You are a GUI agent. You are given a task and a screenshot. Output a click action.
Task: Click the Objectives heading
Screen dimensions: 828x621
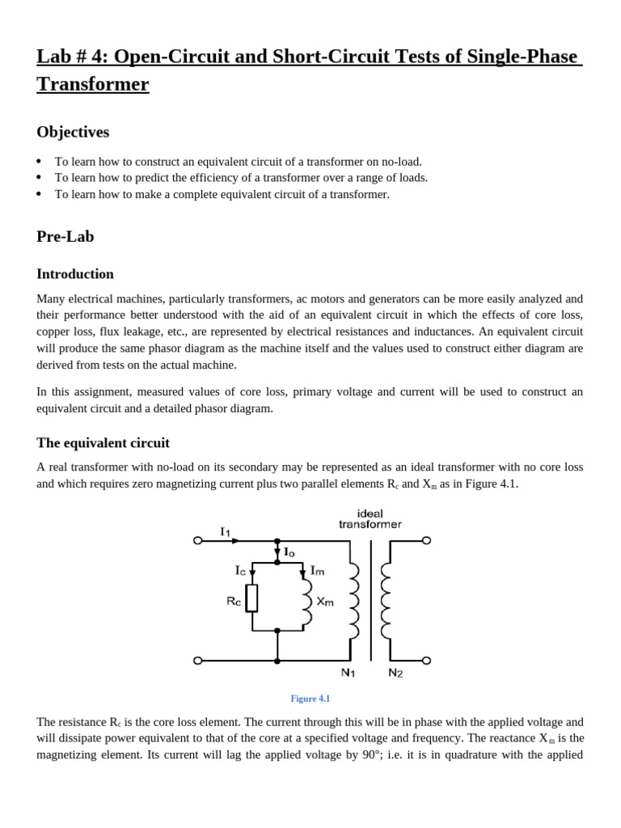pyautogui.click(x=73, y=132)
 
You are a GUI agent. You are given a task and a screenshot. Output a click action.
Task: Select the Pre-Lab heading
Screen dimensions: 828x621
pyautogui.click(x=65, y=236)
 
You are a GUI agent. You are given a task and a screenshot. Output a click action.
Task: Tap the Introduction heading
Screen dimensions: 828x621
pyautogui.click(x=75, y=274)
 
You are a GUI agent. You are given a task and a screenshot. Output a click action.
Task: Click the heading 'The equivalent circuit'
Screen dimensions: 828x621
pyautogui.click(x=103, y=443)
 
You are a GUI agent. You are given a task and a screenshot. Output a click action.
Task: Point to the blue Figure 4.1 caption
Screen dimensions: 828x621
pyautogui.click(x=310, y=699)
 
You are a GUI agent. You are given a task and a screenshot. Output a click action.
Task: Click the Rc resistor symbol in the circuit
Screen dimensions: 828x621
pyautogui.click(x=252, y=598)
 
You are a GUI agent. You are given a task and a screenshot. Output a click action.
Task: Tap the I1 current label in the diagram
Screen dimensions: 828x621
pyautogui.click(x=225, y=531)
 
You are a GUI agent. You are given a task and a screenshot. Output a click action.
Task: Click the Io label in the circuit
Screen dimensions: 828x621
pyautogui.click(x=289, y=551)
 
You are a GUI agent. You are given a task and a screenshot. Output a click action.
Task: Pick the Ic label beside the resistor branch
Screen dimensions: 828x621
pyautogui.click(x=240, y=571)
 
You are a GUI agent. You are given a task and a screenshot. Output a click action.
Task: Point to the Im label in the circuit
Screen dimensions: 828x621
pyautogui.click(x=318, y=571)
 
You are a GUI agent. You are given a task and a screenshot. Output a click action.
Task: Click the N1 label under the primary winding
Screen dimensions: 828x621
pyautogui.click(x=349, y=673)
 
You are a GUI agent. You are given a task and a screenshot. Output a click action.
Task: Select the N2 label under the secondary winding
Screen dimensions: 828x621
pyautogui.click(x=395, y=673)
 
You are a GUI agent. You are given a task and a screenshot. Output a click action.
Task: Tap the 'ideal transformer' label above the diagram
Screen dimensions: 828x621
pyautogui.click(x=370, y=518)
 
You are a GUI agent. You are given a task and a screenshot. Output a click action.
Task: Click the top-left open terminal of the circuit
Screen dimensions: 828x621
pyautogui.click(x=198, y=540)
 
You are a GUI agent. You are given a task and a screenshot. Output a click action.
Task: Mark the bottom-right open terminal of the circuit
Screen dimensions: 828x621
pyautogui.click(x=426, y=661)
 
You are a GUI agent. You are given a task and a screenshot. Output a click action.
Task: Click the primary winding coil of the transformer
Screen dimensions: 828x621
pyautogui.click(x=353, y=601)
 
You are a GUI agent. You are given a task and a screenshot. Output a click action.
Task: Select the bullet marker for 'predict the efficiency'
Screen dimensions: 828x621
pyautogui.click(x=40, y=178)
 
